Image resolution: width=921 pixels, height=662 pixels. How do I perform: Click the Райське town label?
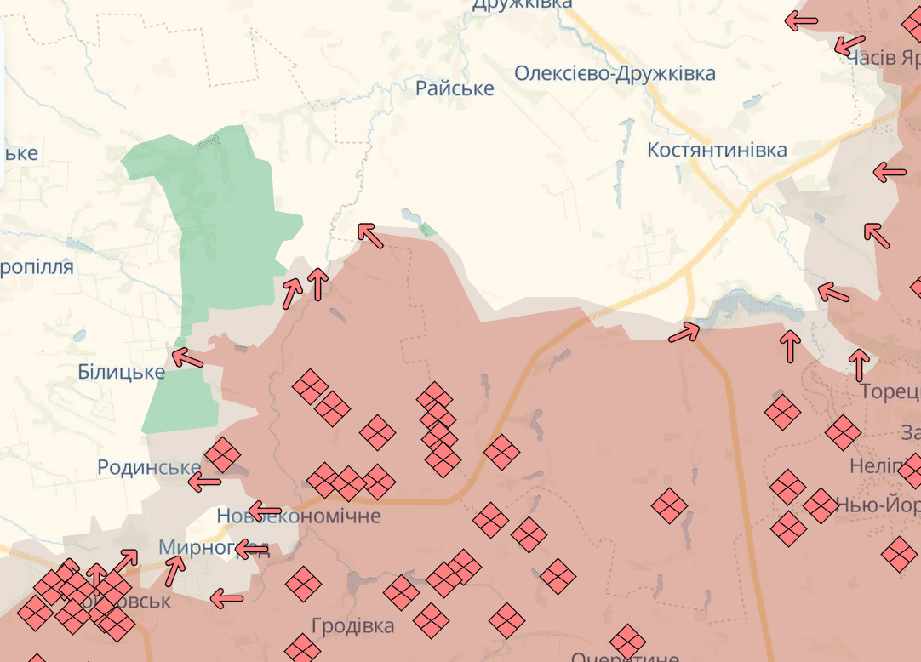(455, 88)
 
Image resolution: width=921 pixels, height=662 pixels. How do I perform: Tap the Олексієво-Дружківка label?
(615, 73)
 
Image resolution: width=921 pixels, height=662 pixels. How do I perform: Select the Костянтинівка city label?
(717, 150)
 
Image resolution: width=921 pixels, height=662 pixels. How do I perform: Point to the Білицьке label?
(121, 372)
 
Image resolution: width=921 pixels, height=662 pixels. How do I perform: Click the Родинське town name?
(149, 467)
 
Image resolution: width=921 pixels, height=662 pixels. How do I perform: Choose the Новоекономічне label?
(299, 516)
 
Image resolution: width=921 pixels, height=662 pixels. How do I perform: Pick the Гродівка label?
(352, 626)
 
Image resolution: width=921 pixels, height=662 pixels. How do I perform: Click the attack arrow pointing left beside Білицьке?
(186, 358)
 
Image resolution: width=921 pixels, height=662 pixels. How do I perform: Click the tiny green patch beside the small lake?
(427, 229)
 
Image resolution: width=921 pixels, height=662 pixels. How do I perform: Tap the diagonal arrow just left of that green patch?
(369, 235)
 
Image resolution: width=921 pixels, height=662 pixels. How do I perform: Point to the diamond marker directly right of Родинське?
(222, 454)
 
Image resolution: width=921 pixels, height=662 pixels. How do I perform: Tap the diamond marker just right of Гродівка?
(432, 620)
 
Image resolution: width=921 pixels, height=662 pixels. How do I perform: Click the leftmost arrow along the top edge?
(801, 21)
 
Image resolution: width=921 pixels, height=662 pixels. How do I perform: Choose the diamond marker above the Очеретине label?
(628, 642)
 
